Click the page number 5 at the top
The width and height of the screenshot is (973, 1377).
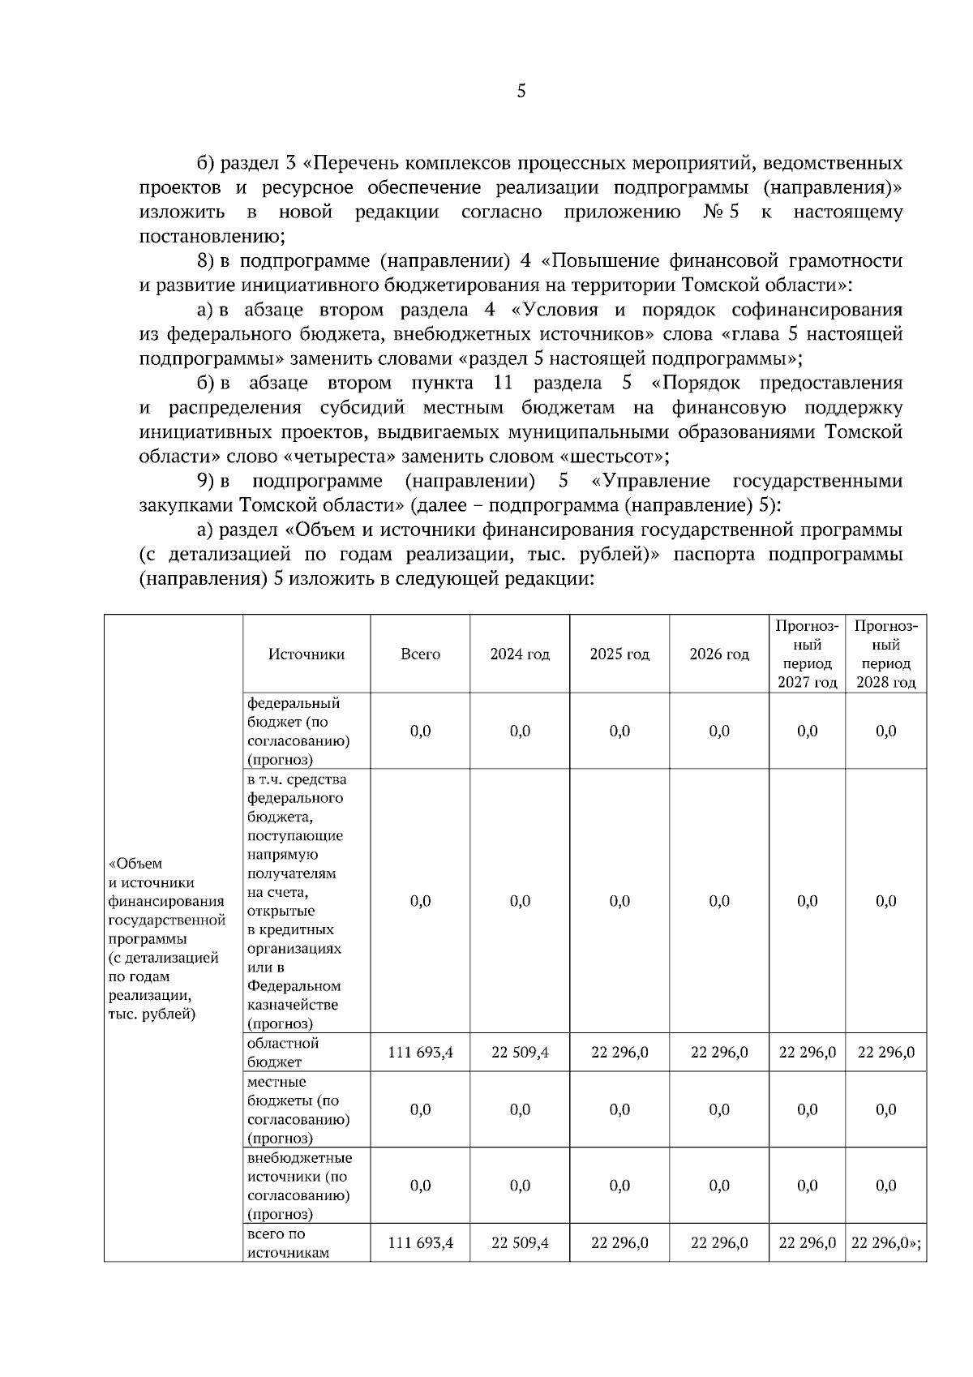(521, 91)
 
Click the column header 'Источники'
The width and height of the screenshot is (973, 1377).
(306, 654)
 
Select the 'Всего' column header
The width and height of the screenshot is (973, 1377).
(420, 654)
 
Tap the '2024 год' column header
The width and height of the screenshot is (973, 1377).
(520, 654)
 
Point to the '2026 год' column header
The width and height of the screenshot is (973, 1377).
(719, 654)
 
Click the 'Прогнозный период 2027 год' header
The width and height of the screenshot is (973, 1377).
(807, 654)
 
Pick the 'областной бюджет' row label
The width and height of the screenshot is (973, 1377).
(283, 1053)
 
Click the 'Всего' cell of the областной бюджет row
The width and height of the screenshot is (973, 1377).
(420, 1053)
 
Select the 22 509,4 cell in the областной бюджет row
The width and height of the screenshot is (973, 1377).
(520, 1053)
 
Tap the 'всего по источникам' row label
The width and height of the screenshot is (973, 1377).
(287, 1243)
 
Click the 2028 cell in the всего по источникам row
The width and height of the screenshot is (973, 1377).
(885, 1243)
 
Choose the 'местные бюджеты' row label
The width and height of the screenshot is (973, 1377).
(298, 1109)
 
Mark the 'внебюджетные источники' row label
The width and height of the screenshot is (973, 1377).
(299, 1186)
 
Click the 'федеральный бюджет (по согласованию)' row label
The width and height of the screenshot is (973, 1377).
(298, 731)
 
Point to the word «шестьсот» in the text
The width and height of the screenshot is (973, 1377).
(611, 456)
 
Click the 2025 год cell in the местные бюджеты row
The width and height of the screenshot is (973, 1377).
(619, 1109)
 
